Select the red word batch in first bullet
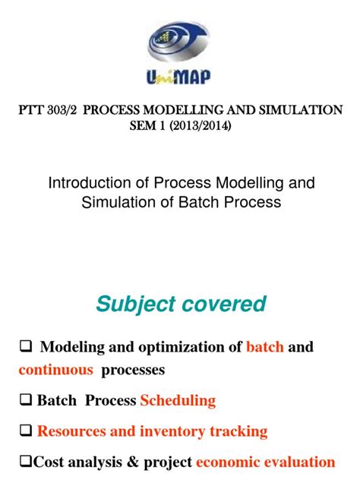pos(265,347)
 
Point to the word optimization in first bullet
pos(177,347)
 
